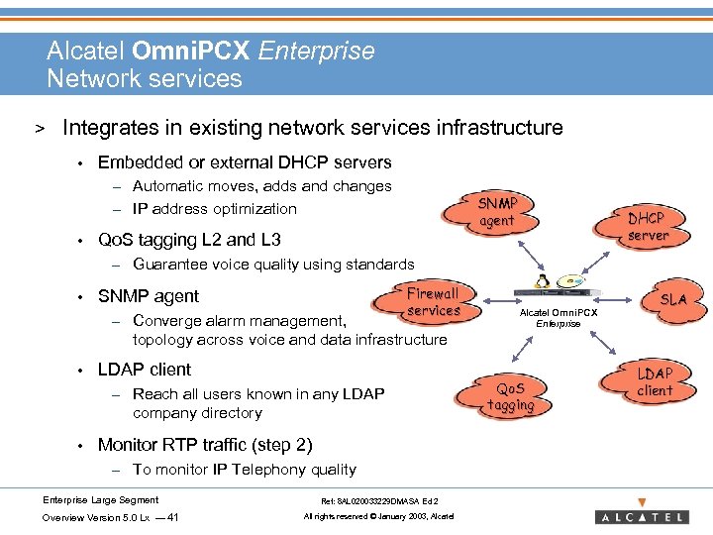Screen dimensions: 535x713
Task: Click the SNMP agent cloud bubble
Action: coord(497,212)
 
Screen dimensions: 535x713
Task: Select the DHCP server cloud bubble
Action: coord(648,227)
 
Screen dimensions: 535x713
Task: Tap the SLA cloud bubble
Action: coord(673,298)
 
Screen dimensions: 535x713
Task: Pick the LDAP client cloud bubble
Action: coord(654,381)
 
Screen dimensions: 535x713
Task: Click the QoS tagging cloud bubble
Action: coord(511,396)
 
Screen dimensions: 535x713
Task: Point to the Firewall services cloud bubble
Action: coord(433,302)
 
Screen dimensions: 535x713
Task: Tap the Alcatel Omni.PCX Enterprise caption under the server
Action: coord(559,317)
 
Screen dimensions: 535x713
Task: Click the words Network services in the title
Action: coord(145,78)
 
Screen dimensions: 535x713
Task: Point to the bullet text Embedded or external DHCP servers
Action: coord(245,162)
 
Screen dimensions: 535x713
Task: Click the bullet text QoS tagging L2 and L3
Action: coord(189,240)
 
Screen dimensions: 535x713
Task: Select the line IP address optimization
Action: coord(214,209)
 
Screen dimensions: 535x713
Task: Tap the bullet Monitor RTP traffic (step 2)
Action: coord(205,445)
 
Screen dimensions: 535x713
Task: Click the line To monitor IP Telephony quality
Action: coord(244,470)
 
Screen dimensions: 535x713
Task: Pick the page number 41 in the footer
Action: coord(173,518)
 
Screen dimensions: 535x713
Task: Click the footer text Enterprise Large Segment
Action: coord(100,499)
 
